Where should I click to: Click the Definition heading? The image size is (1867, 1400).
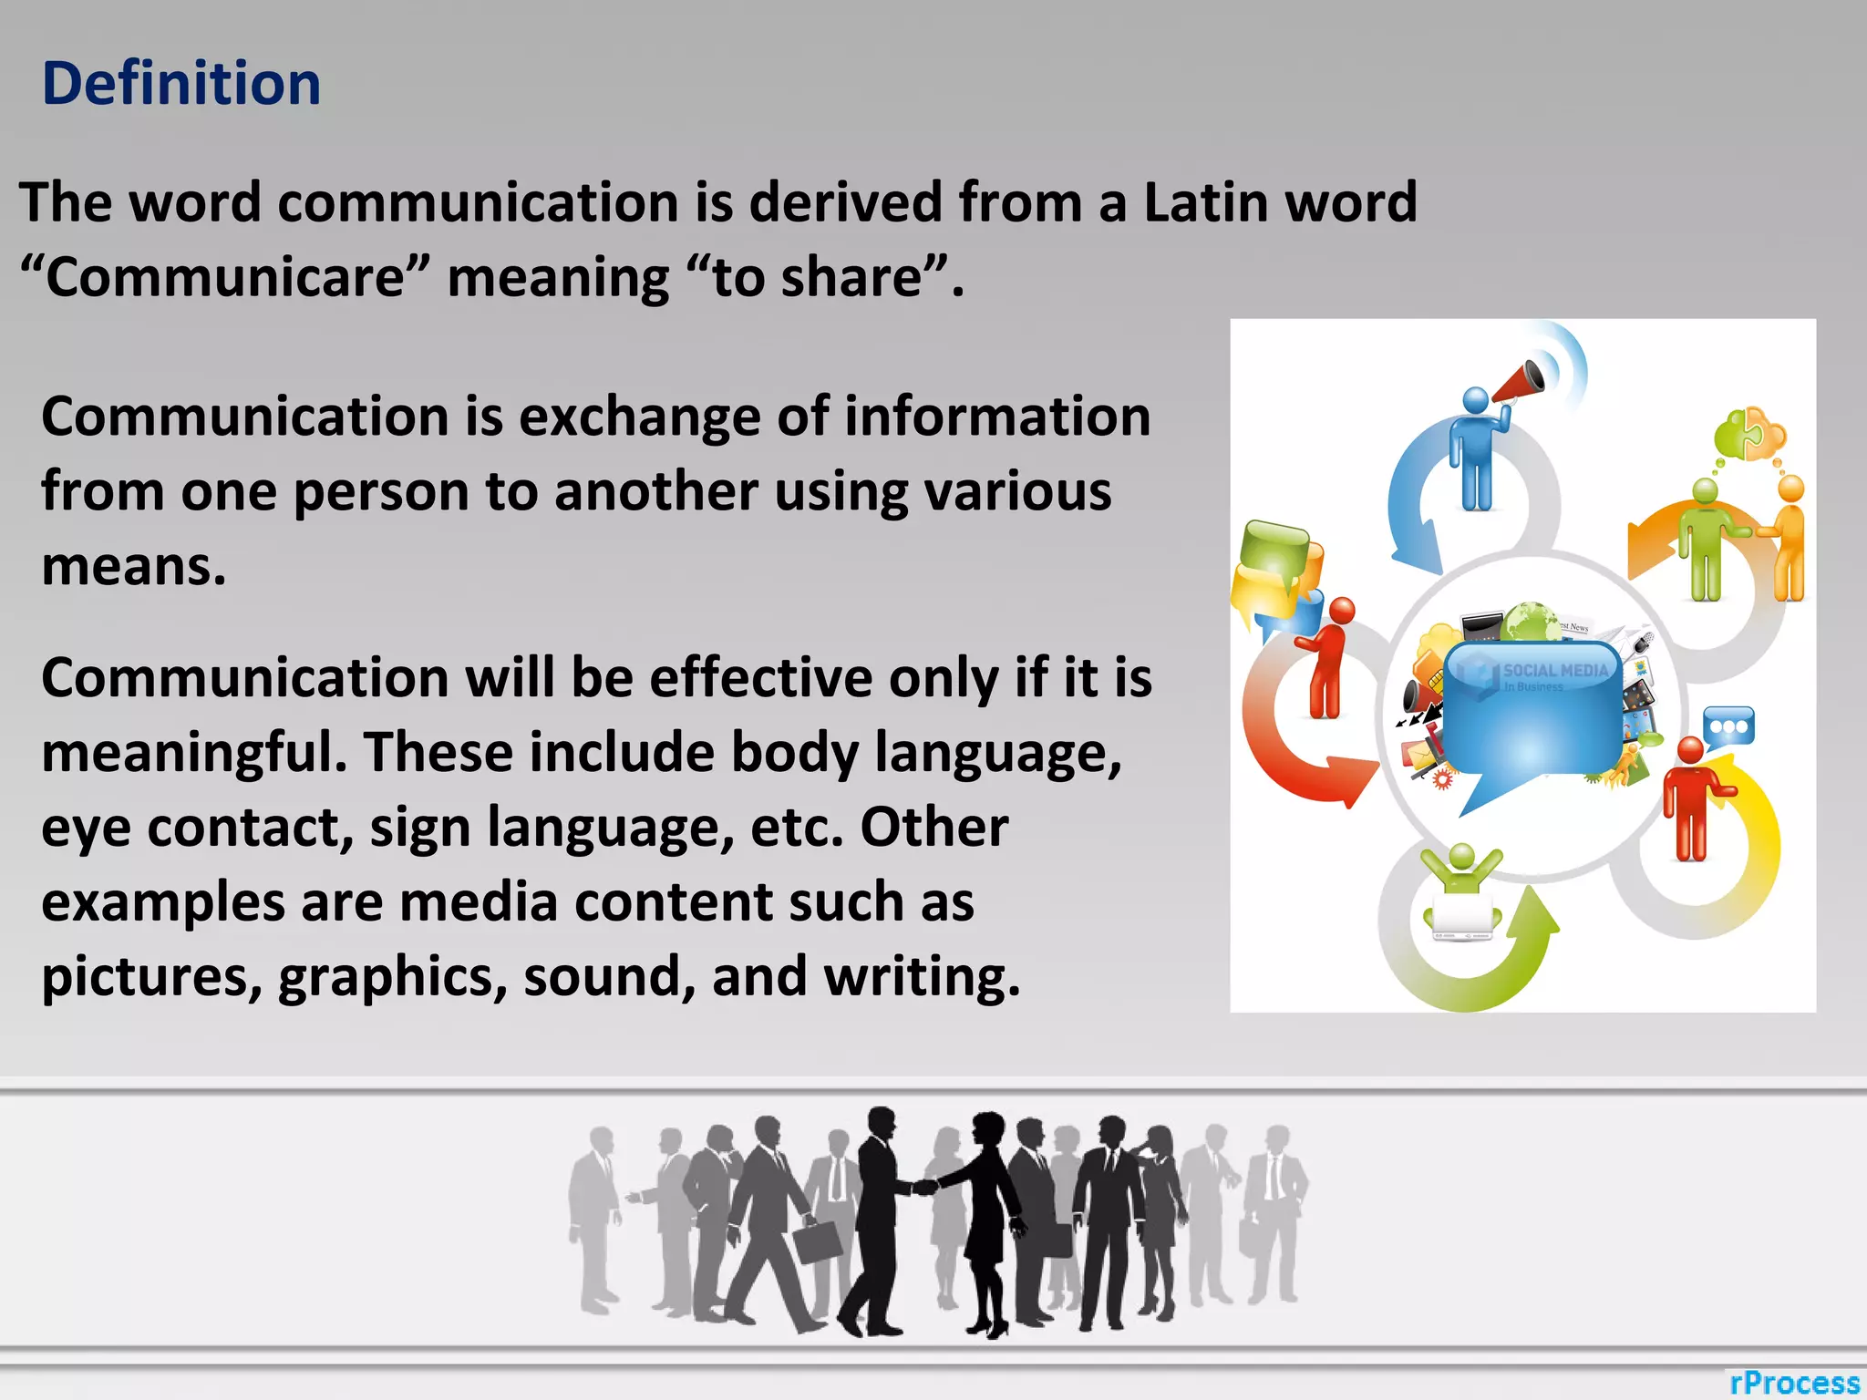point(181,84)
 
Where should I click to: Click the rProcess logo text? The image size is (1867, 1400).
point(1794,1383)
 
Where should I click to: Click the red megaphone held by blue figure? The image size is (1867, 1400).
point(1519,381)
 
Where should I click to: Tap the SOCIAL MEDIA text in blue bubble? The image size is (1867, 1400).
point(1555,670)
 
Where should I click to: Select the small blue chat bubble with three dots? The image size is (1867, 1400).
point(1728,726)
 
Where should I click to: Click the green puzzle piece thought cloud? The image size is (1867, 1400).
point(1749,433)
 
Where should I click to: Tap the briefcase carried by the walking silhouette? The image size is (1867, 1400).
point(818,1240)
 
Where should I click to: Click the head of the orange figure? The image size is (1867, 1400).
point(1790,489)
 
